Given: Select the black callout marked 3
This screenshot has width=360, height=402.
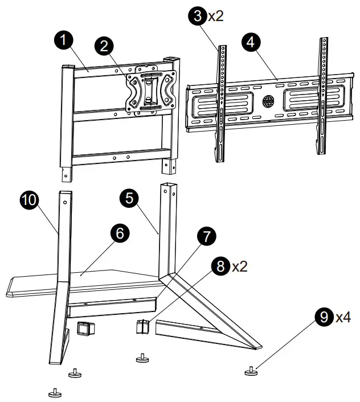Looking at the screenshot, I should [197, 15].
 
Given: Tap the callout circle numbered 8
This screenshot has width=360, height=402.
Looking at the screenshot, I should [221, 266].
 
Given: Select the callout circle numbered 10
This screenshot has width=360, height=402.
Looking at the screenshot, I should [29, 200].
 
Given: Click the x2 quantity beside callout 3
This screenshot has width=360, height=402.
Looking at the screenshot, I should [215, 15].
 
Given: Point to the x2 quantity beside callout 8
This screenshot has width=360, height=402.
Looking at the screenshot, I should [240, 266].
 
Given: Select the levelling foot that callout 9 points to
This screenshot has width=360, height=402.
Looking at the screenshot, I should [251, 372].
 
